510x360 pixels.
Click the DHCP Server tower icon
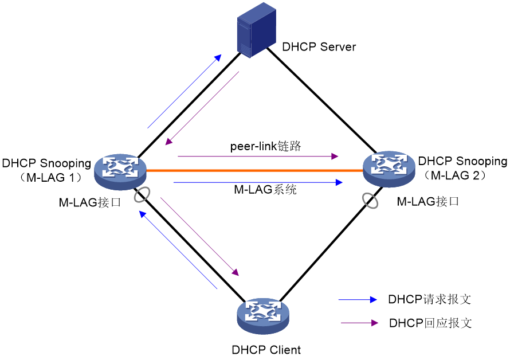[x=257, y=30]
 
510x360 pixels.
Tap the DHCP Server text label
[x=319, y=47]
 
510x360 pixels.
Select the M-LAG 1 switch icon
[x=120, y=171]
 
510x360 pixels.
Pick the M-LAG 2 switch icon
[x=389, y=169]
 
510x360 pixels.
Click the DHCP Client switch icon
[x=263, y=316]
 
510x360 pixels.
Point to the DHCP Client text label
[x=266, y=350]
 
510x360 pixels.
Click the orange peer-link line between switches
[x=254, y=170]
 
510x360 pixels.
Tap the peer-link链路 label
[x=265, y=146]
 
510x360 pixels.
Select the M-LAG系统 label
[x=265, y=189]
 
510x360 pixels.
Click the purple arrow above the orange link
[x=258, y=156]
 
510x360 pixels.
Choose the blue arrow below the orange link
[x=258, y=182]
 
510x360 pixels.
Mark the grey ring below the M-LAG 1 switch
[x=142, y=194]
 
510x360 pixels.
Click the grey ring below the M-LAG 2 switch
[x=370, y=201]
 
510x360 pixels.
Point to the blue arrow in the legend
[x=358, y=299]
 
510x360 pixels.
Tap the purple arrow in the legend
[x=359, y=323]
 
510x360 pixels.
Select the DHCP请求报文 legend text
[x=429, y=299]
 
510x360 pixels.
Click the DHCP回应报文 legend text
[x=430, y=323]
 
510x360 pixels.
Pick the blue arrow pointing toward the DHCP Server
[x=185, y=91]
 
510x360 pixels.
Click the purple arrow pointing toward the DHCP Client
[x=200, y=236]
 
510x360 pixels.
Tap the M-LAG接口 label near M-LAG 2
[x=427, y=201]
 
